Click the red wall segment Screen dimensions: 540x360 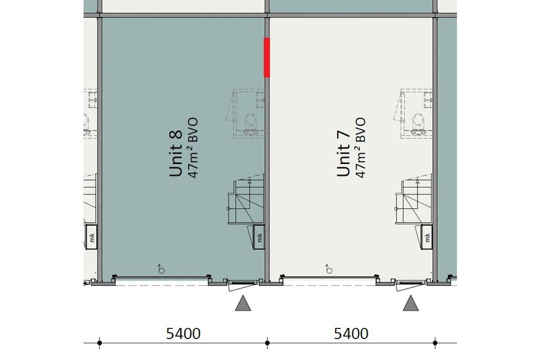click(267, 57)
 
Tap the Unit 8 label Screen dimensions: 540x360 click(176, 153)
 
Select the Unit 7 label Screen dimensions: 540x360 click(343, 153)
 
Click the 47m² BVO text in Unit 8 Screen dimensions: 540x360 click(193, 148)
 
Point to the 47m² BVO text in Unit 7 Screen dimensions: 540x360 click(361, 148)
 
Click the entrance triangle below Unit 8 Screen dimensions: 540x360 click(243, 303)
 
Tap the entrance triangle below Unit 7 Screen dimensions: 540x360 click(411, 303)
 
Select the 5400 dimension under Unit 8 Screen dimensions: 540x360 click(183, 334)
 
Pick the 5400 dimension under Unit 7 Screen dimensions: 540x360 click(351, 334)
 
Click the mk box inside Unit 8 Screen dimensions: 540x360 click(260, 237)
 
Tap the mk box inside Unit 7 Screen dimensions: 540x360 click(427, 237)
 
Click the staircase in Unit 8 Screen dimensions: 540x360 click(246, 200)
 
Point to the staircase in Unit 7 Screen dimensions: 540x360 click(414, 200)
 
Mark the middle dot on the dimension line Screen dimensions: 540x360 click(267, 343)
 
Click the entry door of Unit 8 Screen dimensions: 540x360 click(243, 285)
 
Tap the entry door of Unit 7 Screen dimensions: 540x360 click(411, 285)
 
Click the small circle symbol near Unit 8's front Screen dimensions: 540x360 click(161, 269)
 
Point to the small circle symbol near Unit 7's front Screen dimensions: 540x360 click(330, 269)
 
